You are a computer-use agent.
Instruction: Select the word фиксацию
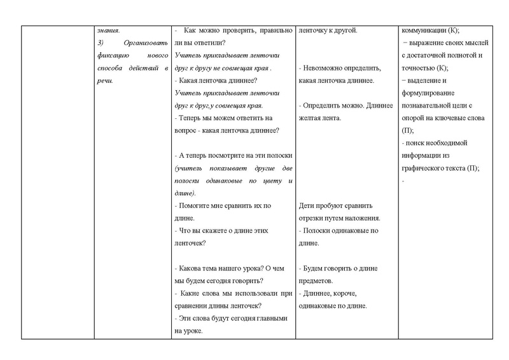click(113, 55)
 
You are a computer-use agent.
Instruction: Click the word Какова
click(192, 268)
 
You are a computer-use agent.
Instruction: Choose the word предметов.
click(320, 280)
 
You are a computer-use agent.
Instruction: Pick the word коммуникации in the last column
click(425, 30)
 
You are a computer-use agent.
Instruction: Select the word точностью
click(421, 68)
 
